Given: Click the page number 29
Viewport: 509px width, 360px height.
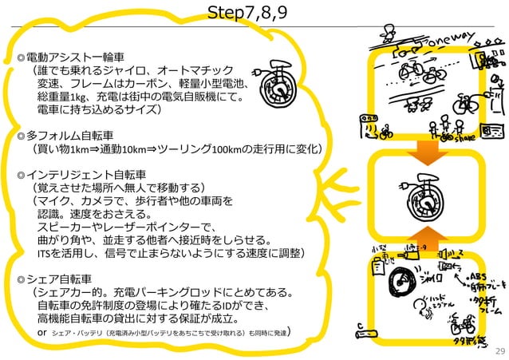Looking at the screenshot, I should pyautogui.click(x=500, y=351).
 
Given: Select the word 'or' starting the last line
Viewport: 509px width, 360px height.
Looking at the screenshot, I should pyautogui.click(x=43, y=331).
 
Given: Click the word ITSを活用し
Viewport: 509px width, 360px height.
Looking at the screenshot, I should pyautogui.click(x=68, y=254).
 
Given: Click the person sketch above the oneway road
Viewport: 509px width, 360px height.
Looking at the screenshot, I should pyautogui.click(x=388, y=32).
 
